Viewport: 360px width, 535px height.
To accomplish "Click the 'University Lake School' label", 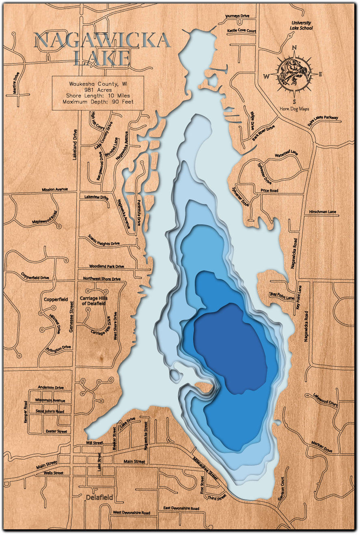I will (x=301, y=26).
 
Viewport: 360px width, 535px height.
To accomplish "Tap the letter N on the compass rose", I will (x=294, y=47).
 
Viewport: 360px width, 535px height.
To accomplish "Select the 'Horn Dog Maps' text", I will (x=294, y=108).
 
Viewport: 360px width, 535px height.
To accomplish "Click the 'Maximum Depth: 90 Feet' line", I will (x=98, y=102).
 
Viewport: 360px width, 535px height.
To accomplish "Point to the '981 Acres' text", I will (x=98, y=90).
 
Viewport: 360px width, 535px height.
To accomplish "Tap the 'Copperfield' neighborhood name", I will (x=56, y=299).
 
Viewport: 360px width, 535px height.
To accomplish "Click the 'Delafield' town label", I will (x=100, y=497).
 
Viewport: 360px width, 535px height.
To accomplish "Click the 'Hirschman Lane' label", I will (x=323, y=212).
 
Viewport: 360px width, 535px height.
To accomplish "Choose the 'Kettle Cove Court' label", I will (x=241, y=31).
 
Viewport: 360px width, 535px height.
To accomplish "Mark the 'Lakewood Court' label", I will (x=325, y=400).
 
